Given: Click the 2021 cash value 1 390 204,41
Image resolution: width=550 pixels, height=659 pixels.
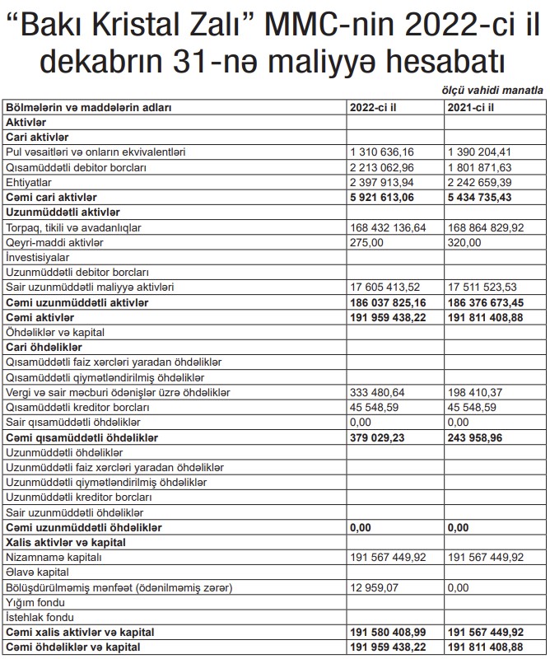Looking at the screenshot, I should [482, 152].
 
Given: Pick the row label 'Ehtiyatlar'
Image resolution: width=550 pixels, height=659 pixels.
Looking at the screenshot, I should [29, 182].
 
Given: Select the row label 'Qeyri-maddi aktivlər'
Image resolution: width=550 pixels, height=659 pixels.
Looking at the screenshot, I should [55, 242].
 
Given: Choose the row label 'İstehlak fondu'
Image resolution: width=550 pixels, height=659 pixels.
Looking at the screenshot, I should [40, 616].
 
